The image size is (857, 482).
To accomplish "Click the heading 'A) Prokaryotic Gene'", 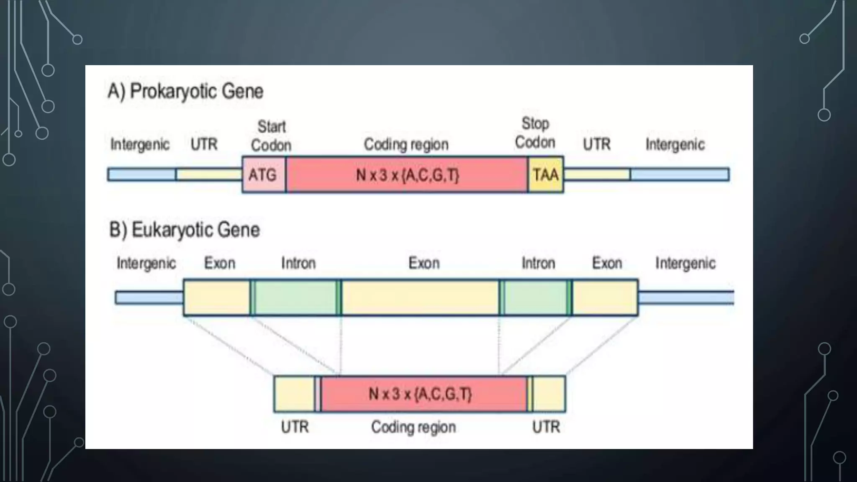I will click(185, 91).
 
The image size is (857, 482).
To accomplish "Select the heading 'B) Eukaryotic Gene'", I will click(185, 230).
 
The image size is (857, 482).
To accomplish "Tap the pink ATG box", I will click(263, 174).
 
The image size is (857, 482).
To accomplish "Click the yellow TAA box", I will click(546, 174).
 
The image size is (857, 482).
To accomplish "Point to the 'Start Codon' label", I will click(271, 136).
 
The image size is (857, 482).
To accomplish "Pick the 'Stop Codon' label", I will click(535, 133).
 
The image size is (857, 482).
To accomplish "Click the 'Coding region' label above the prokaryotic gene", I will click(406, 144).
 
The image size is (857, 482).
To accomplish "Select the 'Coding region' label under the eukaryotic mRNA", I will click(413, 427).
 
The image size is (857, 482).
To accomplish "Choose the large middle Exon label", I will click(424, 263).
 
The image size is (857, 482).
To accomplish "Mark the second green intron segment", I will click(536, 297).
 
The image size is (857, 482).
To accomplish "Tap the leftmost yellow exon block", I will click(216, 297).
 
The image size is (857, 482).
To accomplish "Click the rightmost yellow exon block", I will click(605, 297).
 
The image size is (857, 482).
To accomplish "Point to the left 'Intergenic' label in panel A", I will click(140, 144).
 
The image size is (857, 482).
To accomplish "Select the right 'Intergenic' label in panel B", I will click(685, 263).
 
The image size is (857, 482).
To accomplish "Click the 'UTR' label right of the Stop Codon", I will click(597, 144).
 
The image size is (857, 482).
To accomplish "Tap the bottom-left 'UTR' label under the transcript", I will click(295, 427).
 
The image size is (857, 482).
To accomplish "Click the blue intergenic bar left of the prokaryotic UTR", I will click(141, 174).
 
